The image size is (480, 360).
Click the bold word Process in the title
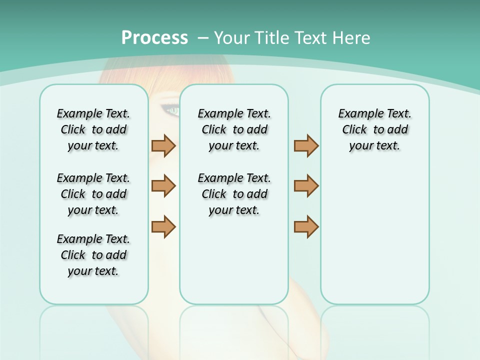tap(154, 38)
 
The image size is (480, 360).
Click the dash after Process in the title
tap(203, 38)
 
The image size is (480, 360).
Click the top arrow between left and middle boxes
tap(163, 145)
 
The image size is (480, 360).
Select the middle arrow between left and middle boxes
tap(163, 186)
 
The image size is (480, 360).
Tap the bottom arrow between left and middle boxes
tap(163, 226)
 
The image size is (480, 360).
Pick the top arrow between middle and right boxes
tap(306, 145)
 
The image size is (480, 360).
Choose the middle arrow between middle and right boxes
tap(306, 186)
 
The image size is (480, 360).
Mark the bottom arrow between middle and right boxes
tap(306, 226)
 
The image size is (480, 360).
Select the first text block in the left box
tap(93, 129)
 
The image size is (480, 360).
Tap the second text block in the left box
tap(93, 194)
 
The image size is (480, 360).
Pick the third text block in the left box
tap(93, 255)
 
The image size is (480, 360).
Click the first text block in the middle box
tap(234, 129)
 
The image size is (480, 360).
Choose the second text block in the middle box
tap(234, 194)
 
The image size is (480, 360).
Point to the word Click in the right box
tap(354, 130)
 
